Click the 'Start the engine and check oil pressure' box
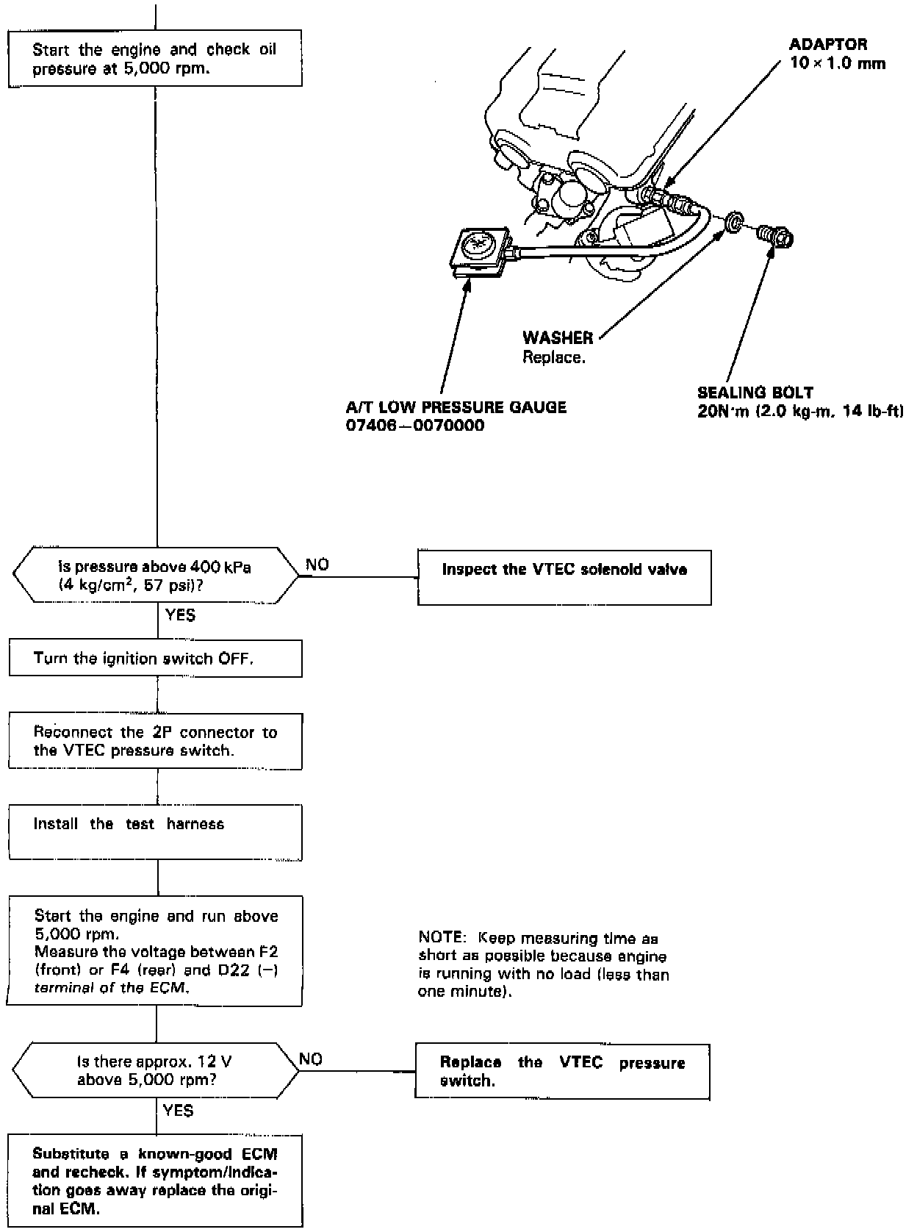(x=155, y=58)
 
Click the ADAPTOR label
(x=828, y=45)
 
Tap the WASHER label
(x=558, y=338)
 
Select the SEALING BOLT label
(x=755, y=393)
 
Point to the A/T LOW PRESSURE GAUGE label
(x=456, y=407)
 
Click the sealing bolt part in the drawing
(x=775, y=237)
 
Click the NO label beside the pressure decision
(x=317, y=565)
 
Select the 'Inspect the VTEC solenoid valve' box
(x=564, y=578)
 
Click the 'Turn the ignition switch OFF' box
(x=155, y=659)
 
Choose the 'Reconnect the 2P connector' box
(x=155, y=742)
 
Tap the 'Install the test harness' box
(x=155, y=833)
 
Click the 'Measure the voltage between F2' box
(x=155, y=951)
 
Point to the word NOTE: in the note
(x=442, y=938)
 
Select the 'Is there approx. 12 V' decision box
(x=155, y=1071)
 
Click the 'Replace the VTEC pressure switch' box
(x=562, y=1071)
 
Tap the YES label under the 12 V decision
(x=179, y=1111)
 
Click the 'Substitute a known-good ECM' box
(x=155, y=1181)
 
